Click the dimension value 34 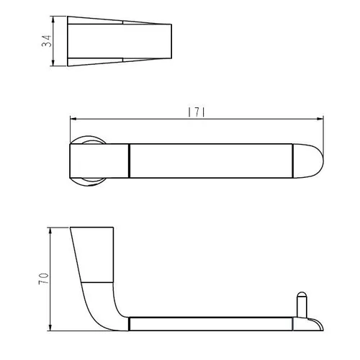click(46, 41)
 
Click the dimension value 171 click(197, 112)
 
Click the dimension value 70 click(43, 279)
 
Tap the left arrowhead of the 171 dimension click(73, 119)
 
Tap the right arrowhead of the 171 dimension click(320, 119)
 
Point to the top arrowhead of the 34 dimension click(53, 19)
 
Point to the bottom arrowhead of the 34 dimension click(53, 63)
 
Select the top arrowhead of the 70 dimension click(50, 230)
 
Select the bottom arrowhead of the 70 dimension click(50, 328)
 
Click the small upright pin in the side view click(302, 305)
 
